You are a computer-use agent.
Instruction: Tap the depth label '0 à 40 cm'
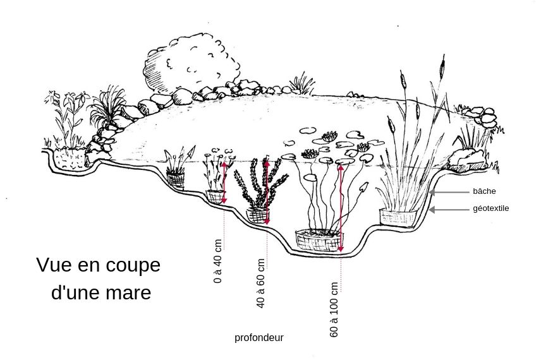coord(218,261)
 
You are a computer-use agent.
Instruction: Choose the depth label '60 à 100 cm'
coord(334,309)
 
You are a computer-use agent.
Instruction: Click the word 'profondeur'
coord(259,338)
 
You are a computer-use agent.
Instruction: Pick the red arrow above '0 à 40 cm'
coord(224,179)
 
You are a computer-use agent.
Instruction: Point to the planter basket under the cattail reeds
coord(401,217)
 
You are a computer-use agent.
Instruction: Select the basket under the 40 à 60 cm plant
coord(258,215)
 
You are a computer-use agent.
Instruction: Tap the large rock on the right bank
coord(466,159)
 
